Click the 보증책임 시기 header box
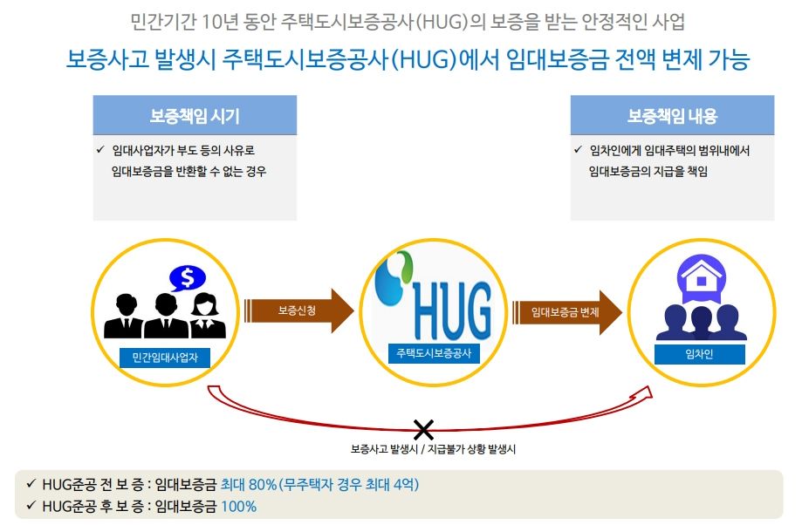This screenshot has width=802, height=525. coord(195,115)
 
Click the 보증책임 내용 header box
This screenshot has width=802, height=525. coord(672,115)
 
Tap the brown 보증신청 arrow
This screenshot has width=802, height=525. coord(298,310)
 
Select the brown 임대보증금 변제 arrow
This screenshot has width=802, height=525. coord(566,312)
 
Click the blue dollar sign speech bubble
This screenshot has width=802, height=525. coord(188,278)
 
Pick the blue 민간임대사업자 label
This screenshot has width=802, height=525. coord(165,358)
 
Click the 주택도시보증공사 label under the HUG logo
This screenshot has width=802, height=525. coord(434,353)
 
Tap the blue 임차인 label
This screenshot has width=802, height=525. coord(699,354)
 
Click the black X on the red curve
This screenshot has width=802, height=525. coord(423,430)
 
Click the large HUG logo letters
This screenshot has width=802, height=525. coord(452,310)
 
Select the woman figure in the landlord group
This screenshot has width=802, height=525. coord(207,317)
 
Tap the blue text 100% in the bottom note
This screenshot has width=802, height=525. coord(238,507)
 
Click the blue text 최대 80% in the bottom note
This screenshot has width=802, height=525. coord(249,484)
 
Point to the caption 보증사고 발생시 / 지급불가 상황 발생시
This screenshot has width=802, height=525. coord(433,449)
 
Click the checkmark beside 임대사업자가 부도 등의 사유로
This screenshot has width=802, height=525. coord(100,149)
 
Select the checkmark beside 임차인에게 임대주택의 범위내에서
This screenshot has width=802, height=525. coord(578,149)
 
